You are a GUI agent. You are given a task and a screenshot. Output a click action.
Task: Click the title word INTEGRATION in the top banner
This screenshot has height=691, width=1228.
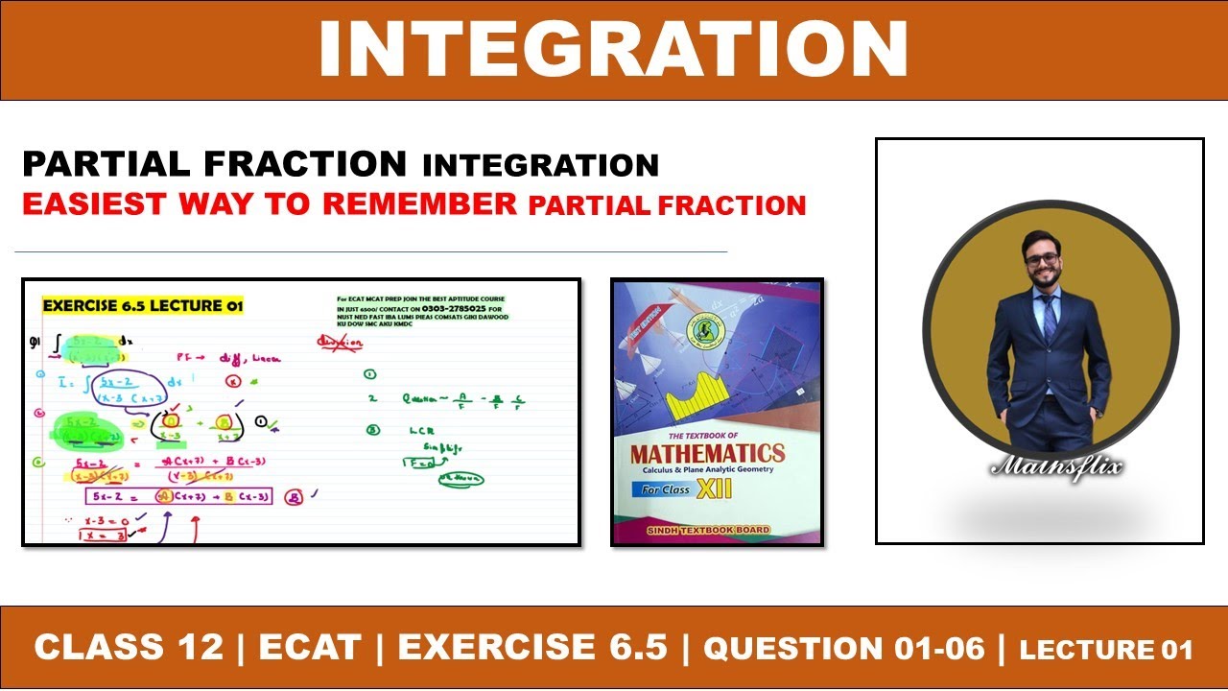click(613, 50)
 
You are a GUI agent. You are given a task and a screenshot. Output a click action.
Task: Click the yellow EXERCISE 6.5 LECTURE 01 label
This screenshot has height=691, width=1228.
click(143, 306)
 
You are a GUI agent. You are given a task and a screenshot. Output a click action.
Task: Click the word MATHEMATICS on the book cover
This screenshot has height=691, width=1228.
click(707, 453)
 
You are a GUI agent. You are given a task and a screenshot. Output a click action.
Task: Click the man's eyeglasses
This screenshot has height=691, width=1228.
click(1041, 259)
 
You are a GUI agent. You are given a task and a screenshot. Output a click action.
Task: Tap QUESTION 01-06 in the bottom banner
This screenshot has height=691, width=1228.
click(844, 649)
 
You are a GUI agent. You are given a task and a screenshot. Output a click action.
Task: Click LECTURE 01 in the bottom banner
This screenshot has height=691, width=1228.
click(1106, 650)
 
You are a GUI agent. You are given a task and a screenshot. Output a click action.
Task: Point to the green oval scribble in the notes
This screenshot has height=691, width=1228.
click(460, 479)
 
